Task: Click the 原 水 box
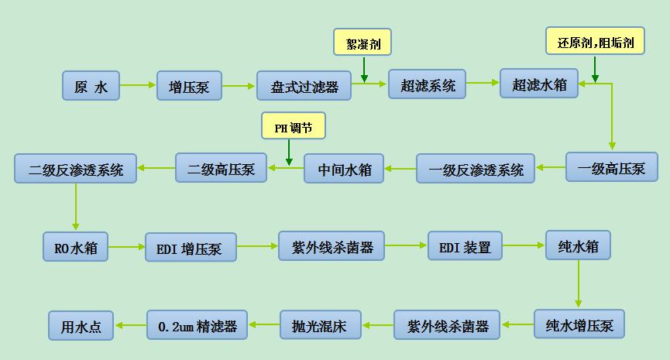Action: tap(91, 86)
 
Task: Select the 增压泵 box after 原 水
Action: tap(189, 86)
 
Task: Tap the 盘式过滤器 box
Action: tap(304, 86)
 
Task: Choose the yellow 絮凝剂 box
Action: tap(362, 42)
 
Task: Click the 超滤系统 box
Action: tap(427, 84)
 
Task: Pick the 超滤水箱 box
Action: tap(539, 84)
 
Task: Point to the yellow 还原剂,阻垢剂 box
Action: tap(595, 41)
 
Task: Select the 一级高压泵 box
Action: tap(612, 167)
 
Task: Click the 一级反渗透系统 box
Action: tap(476, 169)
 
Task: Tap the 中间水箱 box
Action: tap(344, 169)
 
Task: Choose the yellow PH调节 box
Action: tap(294, 126)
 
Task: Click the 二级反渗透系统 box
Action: tap(76, 169)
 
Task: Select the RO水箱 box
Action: tap(75, 247)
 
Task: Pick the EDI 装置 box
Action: tap(465, 246)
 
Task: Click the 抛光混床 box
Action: tap(321, 325)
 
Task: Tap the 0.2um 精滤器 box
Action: tap(197, 325)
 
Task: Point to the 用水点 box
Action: tap(81, 326)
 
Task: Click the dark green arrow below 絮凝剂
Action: tap(364, 70)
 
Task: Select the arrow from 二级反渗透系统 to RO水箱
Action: tap(76, 207)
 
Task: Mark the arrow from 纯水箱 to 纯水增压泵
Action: tap(579, 284)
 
